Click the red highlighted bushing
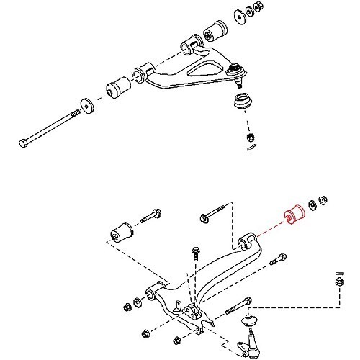point(294,215)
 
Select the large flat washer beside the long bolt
point(86,105)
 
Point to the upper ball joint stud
point(235,70)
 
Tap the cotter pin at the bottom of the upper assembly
point(250,148)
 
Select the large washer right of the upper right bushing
point(239,17)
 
